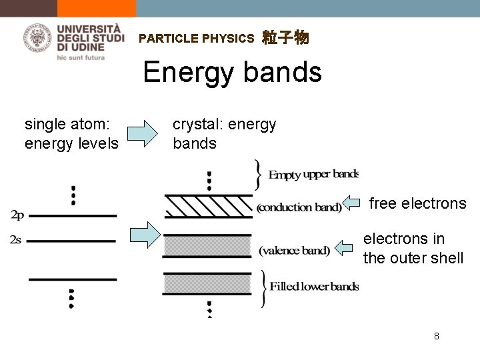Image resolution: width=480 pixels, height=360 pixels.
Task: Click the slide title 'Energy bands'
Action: pyautogui.click(x=232, y=72)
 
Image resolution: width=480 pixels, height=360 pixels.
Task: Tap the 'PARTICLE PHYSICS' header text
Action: pyautogui.click(x=197, y=39)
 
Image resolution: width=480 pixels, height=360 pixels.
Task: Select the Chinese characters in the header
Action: pyautogui.click(x=285, y=38)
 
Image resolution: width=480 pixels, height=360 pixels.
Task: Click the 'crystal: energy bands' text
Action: pyautogui.click(x=224, y=133)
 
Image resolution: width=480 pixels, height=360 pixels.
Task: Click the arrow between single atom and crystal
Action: pyautogui.click(x=143, y=132)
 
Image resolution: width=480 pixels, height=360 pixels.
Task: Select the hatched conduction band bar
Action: pyautogui.click(x=207, y=207)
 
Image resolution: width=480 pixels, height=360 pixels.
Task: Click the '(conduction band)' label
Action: pyautogui.click(x=299, y=207)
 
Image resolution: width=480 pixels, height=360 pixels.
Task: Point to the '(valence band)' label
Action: pyautogui.click(x=294, y=251)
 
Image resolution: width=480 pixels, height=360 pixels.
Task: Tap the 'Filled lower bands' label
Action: pyautogui.click(x=313, y=287)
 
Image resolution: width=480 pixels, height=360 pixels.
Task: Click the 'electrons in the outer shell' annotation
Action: pyautogui.click(x=413, y=248)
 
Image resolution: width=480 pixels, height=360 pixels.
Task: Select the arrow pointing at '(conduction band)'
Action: pyautogui.click(x=353, y=203)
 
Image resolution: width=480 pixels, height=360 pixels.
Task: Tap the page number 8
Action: pyautogui.click(x=436, y=336)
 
